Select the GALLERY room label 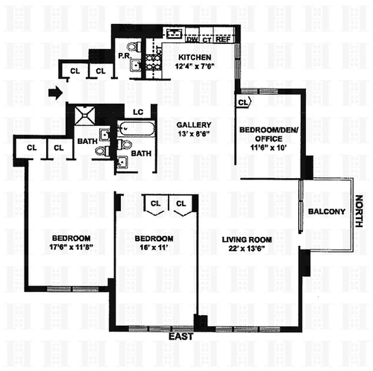(x=194, y=125)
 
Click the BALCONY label (x=327, y=212)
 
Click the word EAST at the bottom (x=180, y=337)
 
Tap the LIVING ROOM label (x=247, y=239)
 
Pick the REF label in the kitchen (x=223, y=39)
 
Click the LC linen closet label (x=138, y=112)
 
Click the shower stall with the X (x=85, y=115)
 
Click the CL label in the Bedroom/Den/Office (x=243, y=102)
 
